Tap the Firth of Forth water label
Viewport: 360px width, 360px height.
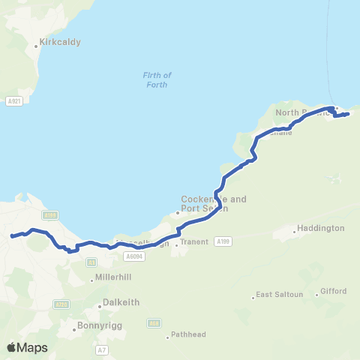pos(157,79)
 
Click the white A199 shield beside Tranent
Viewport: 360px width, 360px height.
pos(222,241)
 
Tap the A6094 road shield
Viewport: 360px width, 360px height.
pos(134,256)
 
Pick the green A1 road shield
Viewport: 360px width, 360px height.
pos(91,262)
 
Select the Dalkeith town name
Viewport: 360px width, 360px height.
pos(123,302)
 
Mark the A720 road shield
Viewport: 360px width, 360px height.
pos(62,304)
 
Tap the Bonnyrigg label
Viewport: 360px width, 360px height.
pos(97,326)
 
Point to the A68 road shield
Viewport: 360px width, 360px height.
pos(154,323)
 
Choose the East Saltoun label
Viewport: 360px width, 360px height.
pos(280,295)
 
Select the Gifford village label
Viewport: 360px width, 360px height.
pos(334,290)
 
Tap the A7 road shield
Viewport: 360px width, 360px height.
pos(102,350)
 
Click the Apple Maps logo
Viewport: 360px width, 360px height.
pos(27,347)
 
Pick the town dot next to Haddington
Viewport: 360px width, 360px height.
pos(295,232)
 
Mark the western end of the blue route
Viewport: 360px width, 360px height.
pos(11,237)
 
